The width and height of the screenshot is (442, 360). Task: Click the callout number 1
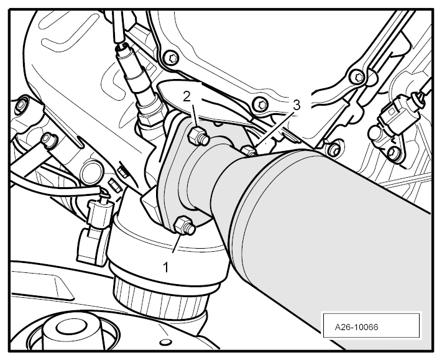tap(166, 267)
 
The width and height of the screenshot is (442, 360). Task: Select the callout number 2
tap(186, 97)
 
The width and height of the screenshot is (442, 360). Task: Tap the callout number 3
tap(297, 106)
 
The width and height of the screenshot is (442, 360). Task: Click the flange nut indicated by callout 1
tap(184, 225)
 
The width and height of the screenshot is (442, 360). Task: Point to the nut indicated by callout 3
tap(249, 150)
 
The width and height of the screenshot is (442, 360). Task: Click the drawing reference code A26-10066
tap(356, 327)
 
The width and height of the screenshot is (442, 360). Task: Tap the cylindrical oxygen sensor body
tap(136, 74)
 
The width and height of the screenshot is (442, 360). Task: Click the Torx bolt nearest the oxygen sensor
tap(173, 60)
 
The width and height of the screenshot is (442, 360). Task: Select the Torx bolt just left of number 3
tap(260, 106)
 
